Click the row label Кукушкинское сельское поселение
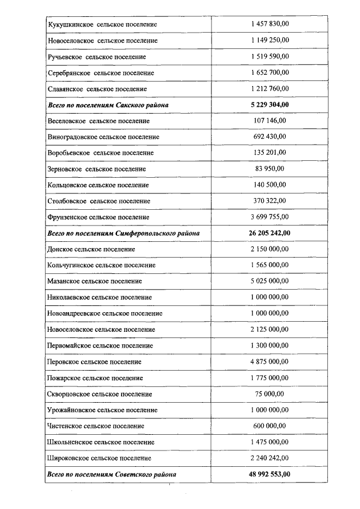[x=102, y=25]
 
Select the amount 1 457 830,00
[x=270, y=25]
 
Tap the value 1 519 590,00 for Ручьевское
[x=270, y=57]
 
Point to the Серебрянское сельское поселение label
[x=101, y=73]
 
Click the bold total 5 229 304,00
[x=270, y=105]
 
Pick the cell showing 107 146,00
[x=270, y=121]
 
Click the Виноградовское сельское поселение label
[x=103, y=137]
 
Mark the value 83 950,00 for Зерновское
[x=270, y=169]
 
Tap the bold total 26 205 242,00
[x=270, y=233]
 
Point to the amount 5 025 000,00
[x=270, y=281]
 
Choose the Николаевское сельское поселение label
[x=100, y=297]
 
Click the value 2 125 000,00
[x=270, y=330]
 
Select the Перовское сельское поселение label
[x=94, y=362]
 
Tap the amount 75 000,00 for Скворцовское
[x=270, y=394]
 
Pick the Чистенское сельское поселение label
[x=96, y=426]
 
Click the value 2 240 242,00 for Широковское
[x=270, y=458]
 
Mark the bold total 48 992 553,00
[x=270, y=475]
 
